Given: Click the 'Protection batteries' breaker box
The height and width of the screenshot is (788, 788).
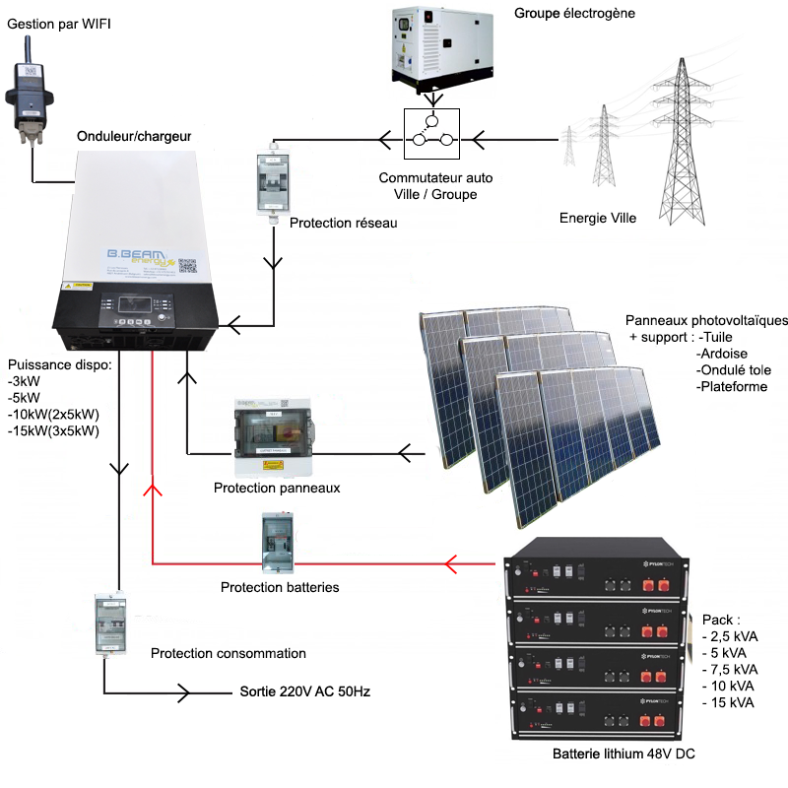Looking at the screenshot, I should pos(277,543).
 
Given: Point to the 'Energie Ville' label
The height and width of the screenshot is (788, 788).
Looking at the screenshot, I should pos(598,218).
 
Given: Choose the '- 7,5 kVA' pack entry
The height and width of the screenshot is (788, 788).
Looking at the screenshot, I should pos(731,669).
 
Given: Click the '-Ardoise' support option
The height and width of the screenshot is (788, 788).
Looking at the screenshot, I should pos(721,354).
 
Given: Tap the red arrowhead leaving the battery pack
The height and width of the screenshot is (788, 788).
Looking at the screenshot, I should pos(452,564).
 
